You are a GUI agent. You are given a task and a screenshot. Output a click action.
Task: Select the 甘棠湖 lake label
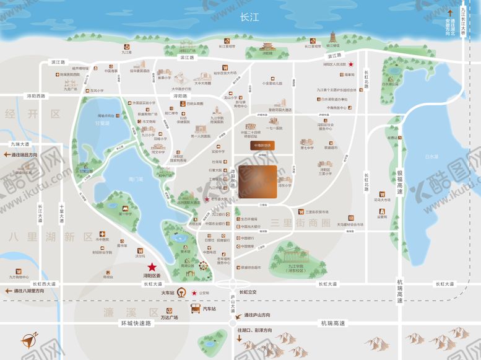[x=102, y=123]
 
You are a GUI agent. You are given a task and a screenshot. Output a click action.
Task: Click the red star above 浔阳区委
[x=152, y=266]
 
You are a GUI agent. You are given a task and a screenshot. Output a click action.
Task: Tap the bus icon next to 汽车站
[x=195, y=309]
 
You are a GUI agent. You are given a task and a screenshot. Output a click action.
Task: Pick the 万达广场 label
[x=168, y=318]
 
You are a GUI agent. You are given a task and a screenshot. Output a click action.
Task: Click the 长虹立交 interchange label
[x=252, y=292]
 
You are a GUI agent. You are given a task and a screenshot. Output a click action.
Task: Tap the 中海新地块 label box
[x=262, y=146]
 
